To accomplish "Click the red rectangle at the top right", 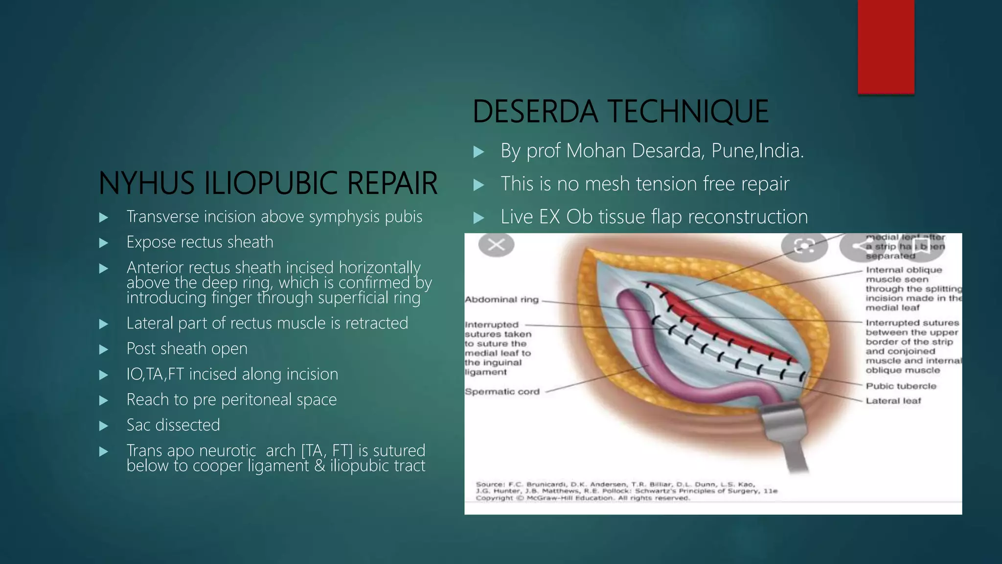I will (x=886, y=47).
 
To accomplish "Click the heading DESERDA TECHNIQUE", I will (x=620, y=112).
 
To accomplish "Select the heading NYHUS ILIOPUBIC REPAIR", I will (x=268, y=183).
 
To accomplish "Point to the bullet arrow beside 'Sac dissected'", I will (x=103, y=426).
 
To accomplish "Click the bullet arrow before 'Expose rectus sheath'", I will (x=103, y=243).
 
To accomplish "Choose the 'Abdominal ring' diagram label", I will (x=501, y=300).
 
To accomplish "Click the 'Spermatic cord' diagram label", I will (x=502, y=392).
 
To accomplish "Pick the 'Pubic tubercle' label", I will (x=901, y=386).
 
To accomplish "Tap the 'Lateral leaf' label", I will (x=893, y=401).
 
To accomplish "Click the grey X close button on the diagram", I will (x=496, y=244).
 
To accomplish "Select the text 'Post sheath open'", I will (x=187, y=349).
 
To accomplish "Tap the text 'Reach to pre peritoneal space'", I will (x=231, y=399).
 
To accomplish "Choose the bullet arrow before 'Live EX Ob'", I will (x=479, y=218).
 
